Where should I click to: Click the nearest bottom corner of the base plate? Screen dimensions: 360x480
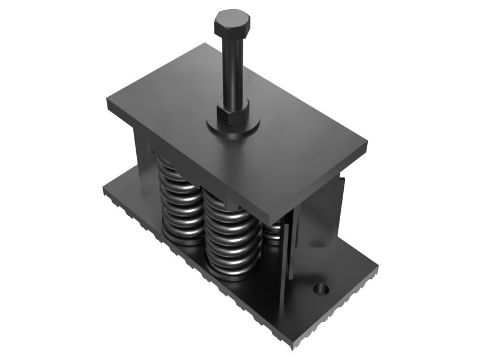pyautogui.click(x=293, y=347)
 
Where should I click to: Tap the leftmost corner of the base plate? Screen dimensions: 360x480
pyautogui.click(x=104, y=191)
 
